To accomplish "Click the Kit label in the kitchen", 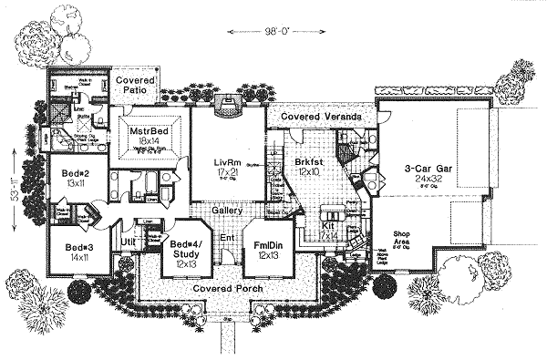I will click(x=329, y=225).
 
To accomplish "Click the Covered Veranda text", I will click(x=319, y=118).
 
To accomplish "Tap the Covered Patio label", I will click(x=134, y=86).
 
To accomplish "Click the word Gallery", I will click(x=225, y=211).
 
